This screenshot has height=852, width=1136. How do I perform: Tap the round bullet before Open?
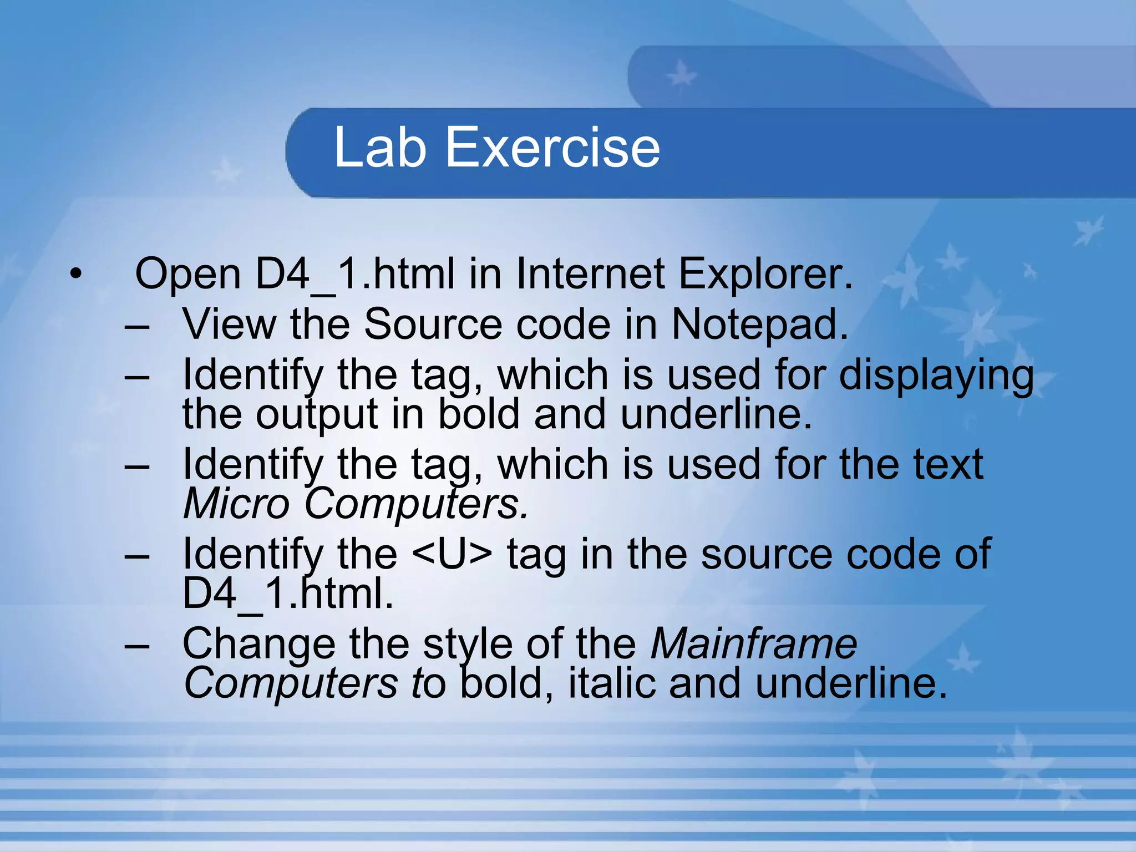76,273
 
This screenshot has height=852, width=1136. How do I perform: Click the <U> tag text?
453,554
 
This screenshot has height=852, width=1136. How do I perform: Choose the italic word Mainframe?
754,643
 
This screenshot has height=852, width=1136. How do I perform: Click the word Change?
259,643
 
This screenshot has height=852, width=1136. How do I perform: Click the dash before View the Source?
137,325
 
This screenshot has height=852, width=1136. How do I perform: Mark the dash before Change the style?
137,645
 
